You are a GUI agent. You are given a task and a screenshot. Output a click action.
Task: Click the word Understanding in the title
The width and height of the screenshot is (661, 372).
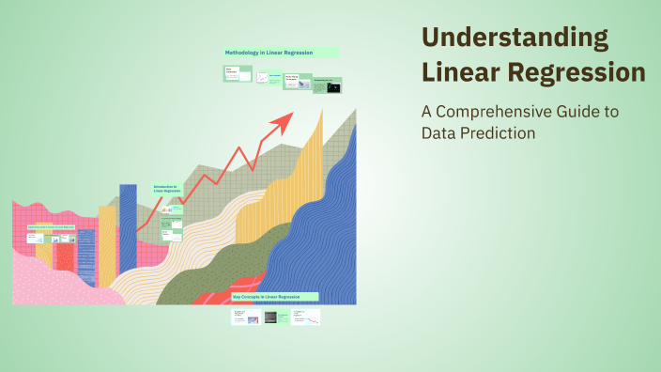coord(515,39)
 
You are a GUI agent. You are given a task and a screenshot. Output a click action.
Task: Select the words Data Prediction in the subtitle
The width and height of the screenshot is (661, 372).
coord(478,133)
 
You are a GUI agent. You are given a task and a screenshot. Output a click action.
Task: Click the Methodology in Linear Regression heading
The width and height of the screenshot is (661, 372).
coord(280,53)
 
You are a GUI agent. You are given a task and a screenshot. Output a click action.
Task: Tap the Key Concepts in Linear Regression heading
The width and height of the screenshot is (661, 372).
coord(274,296)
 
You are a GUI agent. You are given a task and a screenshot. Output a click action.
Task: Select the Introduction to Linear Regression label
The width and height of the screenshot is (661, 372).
coord(167,189)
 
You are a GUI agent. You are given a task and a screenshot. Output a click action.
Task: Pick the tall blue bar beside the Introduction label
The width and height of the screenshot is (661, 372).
coord(128,235)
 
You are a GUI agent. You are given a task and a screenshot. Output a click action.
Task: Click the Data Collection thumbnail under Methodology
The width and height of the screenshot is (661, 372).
coord(238,73)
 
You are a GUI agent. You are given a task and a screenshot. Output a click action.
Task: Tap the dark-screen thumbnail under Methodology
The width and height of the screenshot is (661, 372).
coord(327,85)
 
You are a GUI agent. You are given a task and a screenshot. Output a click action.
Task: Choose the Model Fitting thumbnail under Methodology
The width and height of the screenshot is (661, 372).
coord(296,82)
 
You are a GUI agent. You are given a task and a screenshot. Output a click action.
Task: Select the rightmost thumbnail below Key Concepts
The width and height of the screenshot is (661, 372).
coord(305,317)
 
